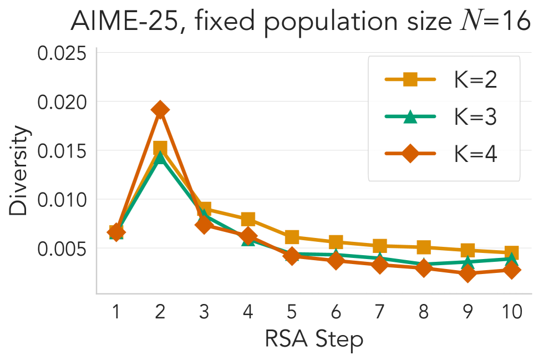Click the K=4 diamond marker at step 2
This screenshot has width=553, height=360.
pyautogui.click(x=160, y=110)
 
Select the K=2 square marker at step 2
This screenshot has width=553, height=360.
pyautogui.click(x=160, y=148)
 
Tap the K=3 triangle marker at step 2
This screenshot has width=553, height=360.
pyautogui.click(x=160, y=157)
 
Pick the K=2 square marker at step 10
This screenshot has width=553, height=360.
pyautogui.click(x=511, y=252)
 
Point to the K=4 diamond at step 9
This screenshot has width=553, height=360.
pyautogui.click(x=468, y=273)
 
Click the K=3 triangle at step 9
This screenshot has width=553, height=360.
pyautogui.click(x=468, y=262)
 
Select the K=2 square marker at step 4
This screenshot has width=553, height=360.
pyautogui.click(x=248, y=219)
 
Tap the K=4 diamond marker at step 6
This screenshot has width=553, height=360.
pyautogui.click(x=336, y=260)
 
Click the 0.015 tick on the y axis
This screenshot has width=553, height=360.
pyautogui.click(x=62, y=151)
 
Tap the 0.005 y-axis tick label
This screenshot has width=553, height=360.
pyautogui.click(x=62, y=249)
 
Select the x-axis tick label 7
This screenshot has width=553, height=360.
pyautogui.click(x=379, y=312)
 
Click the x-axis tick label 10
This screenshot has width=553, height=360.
pyautogui.click(x=511, y=312)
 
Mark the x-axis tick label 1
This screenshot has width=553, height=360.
pyautogui.click(x=116, y=312)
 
